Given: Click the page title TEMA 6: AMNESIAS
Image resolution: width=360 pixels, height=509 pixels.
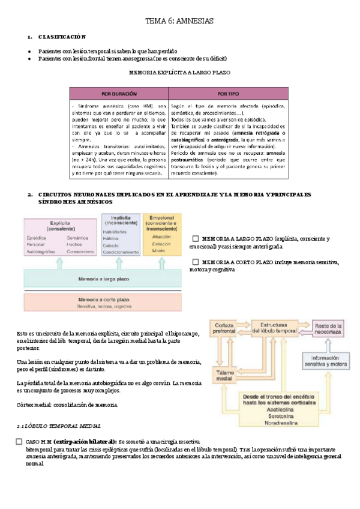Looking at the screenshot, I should (x=179, y=20).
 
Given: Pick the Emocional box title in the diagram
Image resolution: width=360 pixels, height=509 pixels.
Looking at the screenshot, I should (x=162, y=220).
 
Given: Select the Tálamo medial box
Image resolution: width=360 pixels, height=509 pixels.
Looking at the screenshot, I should (x=224, y=374).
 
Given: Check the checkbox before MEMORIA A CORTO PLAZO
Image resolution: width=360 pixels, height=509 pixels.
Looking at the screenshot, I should (x=196, y=262).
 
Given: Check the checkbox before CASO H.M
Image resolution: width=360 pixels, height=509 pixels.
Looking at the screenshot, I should (x=19, y=442).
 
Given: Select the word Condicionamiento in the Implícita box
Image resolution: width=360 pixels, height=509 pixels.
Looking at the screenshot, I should (x=121, y=253).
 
